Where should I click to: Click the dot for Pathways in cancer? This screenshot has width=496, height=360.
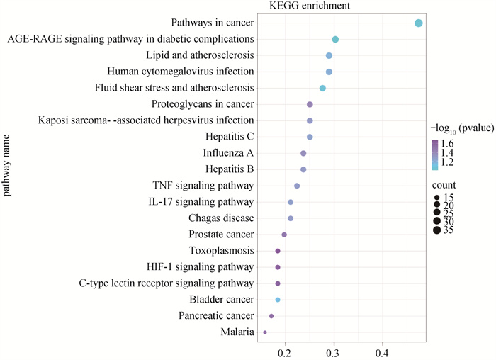tap(418, 23)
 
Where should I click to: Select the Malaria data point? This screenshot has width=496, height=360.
tap(265, 332)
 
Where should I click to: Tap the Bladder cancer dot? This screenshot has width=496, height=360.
tap(278, 300)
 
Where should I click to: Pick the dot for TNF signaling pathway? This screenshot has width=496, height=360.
tap(297, 186)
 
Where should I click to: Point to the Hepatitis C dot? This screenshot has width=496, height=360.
tap(310, 137)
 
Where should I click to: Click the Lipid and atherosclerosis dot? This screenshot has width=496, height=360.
tap(329, 55)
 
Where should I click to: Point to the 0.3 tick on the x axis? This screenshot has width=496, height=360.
tap(334, 351)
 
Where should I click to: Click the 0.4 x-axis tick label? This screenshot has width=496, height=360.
tap(383, 351)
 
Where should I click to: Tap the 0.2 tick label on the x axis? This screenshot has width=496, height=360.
tap(285, 351)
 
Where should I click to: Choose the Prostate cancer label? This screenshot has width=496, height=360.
tap(221, 235)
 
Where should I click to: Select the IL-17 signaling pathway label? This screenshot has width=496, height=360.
tap(201, 202)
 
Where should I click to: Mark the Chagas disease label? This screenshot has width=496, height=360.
tap(221, 218)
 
